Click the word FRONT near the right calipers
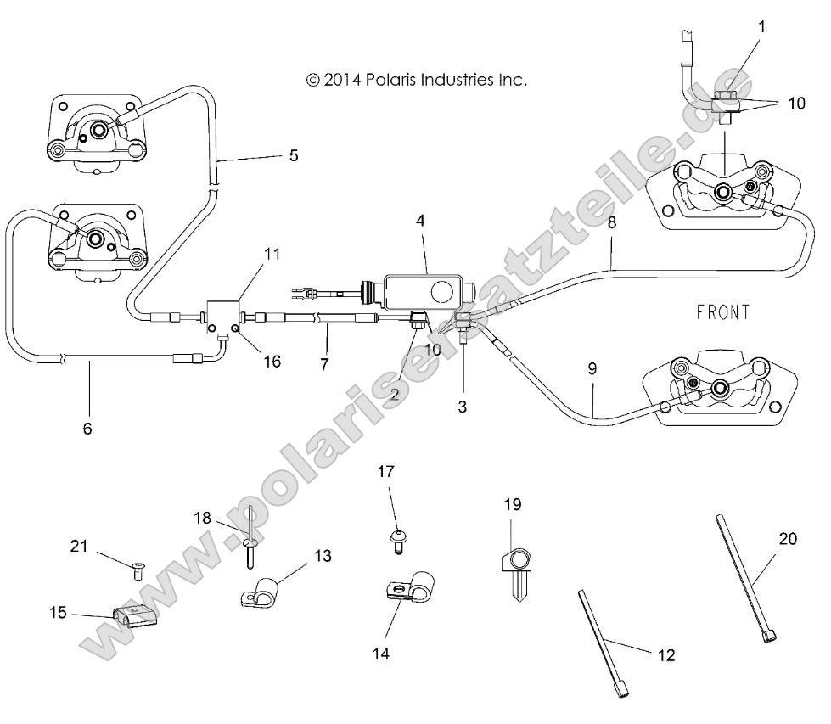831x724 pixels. (723, 312)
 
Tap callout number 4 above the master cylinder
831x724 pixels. (420, 220)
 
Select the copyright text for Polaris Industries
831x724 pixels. (416, 80)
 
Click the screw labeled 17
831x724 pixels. (396, 539)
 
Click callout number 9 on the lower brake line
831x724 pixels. (592, 368)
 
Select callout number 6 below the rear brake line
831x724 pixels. (87, 429)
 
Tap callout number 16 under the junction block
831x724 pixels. (271, 362)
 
